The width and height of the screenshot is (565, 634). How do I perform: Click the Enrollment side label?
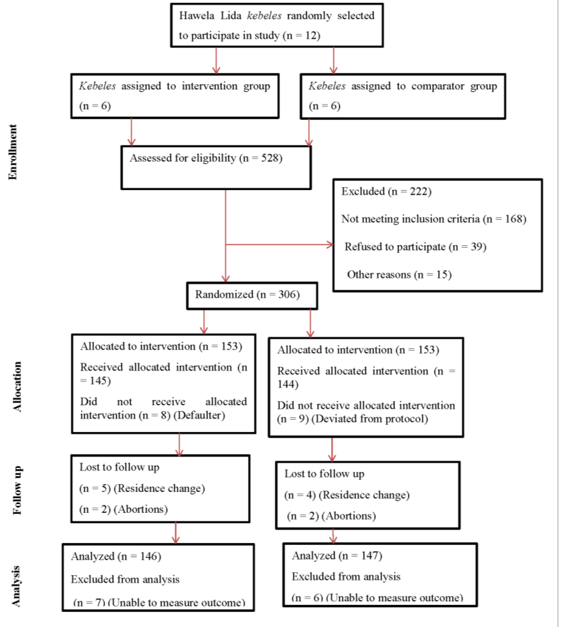click(x=13, y=152)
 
